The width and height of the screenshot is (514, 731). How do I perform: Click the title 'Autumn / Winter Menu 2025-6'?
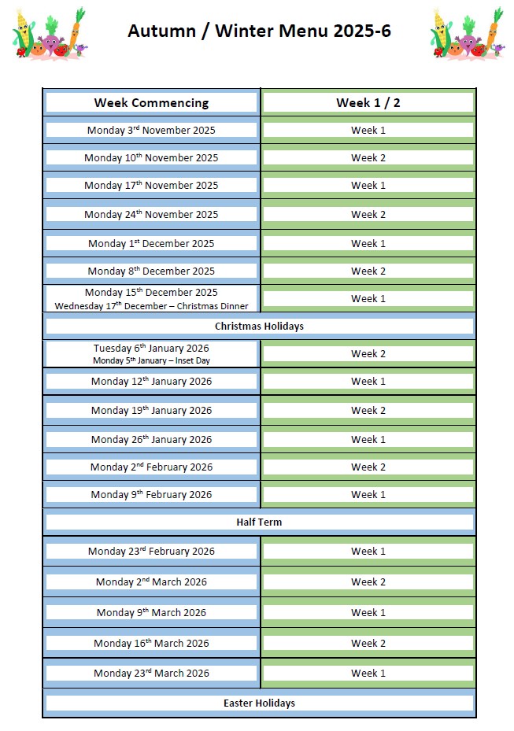tap(259, 31)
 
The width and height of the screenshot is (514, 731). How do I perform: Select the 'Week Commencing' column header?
tap(151, 102)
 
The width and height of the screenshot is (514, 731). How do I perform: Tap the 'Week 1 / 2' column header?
tap(368, 102)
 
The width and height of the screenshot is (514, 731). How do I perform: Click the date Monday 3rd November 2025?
tap(151, 130)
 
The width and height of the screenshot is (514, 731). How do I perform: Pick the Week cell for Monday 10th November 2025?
tap(368, 157)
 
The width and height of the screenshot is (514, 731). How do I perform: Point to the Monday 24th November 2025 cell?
tap(151, 214)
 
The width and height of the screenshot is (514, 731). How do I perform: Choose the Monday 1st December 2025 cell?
tap(151, 243)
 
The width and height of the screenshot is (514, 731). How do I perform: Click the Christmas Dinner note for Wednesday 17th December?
tap(151, 306)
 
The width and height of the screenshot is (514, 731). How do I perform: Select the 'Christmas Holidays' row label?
tap(259, 326)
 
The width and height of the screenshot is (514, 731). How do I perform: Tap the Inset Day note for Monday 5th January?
tap(151, 360)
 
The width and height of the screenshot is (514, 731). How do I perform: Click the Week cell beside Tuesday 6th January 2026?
tap(368, 353)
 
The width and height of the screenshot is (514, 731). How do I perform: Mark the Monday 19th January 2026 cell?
tap(151, 410)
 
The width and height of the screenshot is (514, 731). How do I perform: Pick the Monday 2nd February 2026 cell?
tap(151, 467)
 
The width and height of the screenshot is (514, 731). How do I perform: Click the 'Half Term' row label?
tap(259, 522)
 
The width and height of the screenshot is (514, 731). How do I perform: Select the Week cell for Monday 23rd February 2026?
tap(368, 551)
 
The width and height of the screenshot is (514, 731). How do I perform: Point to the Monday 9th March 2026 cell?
tap(151, 612)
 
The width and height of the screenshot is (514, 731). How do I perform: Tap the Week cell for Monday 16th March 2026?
tap(368, 643)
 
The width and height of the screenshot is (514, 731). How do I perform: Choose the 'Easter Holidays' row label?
tap(259, 703)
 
